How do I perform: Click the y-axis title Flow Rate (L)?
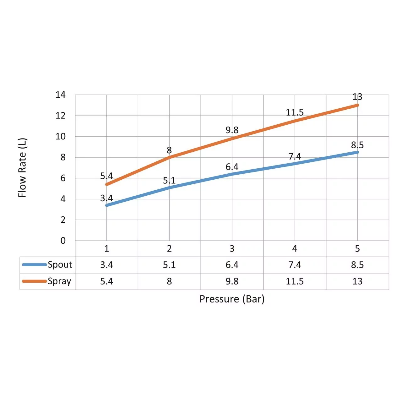pos(22,168)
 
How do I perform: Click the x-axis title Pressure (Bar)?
pos(232,299)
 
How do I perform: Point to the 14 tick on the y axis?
pos(61,95)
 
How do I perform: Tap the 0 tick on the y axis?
pos(63,241)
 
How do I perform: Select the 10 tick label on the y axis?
pos(61,137)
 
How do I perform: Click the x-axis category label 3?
pos(232,249)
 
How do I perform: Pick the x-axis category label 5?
pos(357,249)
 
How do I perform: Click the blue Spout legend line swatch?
pos(34,265)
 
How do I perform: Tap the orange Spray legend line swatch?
pos(34,281)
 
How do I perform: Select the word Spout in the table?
pos(60,265)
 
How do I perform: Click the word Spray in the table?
pos(59,281)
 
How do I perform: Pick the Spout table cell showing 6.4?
pos(232,265)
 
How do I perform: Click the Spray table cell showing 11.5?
pos(295,281)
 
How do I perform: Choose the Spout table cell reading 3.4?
pos(106,265)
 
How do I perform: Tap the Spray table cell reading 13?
pos(357,281)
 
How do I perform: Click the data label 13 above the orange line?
pos(357,97)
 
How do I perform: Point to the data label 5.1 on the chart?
pos(169,181)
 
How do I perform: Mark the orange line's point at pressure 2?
pos(169,157)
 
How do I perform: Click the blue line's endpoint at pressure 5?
pos(357,152)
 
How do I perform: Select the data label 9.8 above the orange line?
pos(232,130)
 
